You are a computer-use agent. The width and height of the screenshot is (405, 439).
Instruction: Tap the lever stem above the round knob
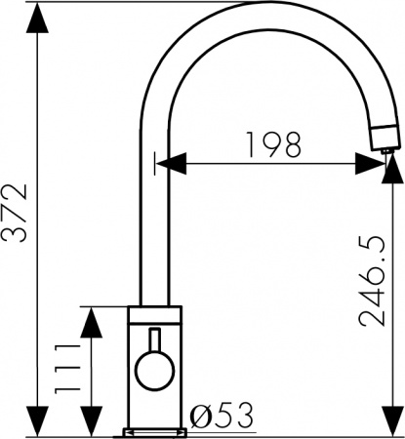pyautogui.click(x=153, y=340)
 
